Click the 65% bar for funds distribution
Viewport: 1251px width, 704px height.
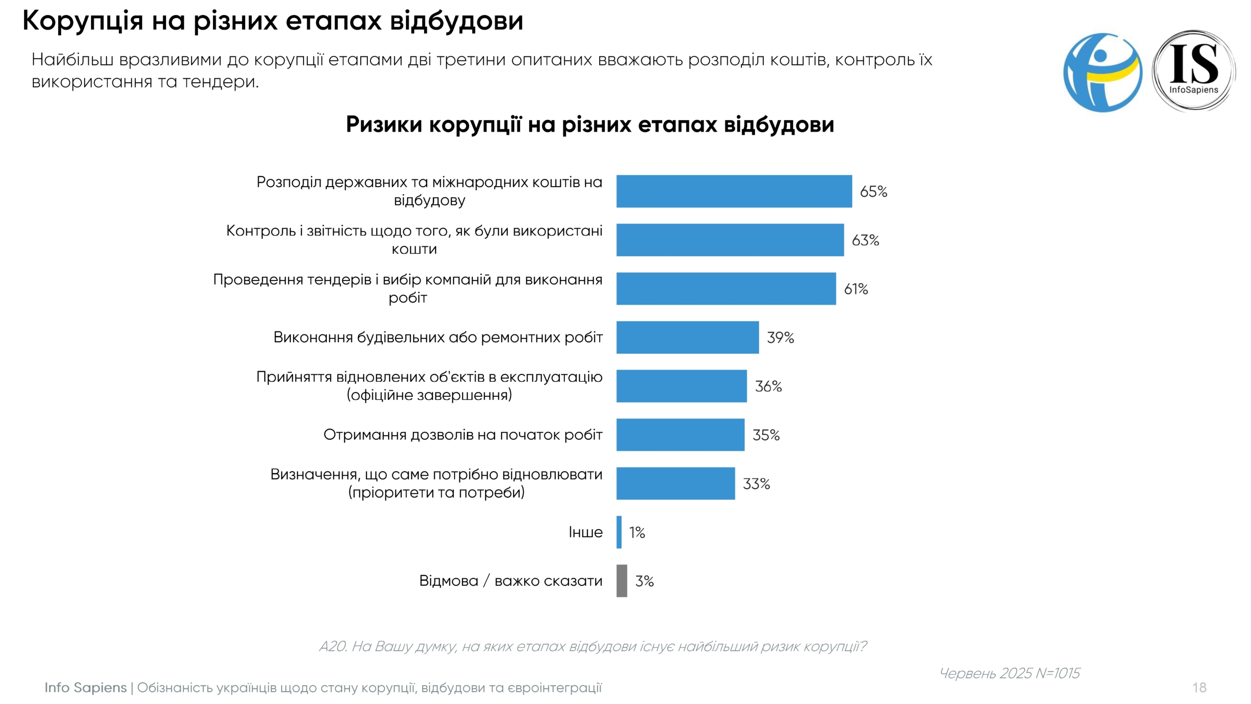point(733,191)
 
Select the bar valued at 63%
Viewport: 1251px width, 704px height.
point(730,240)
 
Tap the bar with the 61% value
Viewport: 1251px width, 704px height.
point(726,288)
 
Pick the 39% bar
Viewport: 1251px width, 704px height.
point(687,337)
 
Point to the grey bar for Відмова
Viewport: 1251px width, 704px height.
point(622,581)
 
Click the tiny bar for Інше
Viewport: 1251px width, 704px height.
point(619,532)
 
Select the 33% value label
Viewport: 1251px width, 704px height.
point(756,484)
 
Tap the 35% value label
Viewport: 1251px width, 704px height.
point(766,435)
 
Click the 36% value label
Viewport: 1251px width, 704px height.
point(768,386)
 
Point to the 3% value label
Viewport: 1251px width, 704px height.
point(644,581)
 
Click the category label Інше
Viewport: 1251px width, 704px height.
point(585,532)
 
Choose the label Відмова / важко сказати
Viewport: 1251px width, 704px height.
point(511,581)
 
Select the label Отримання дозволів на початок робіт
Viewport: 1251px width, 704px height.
point(463,435)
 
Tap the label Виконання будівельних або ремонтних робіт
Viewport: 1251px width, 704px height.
point(438,337)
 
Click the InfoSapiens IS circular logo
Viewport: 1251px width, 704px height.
point(1193,71)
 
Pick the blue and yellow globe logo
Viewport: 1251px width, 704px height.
point(1102,72)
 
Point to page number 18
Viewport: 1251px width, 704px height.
point(1199,687)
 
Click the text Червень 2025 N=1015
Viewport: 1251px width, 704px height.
point(1010,673)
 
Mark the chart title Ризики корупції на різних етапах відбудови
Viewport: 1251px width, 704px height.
point(590,124)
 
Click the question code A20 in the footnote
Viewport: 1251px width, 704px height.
point(332,646)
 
